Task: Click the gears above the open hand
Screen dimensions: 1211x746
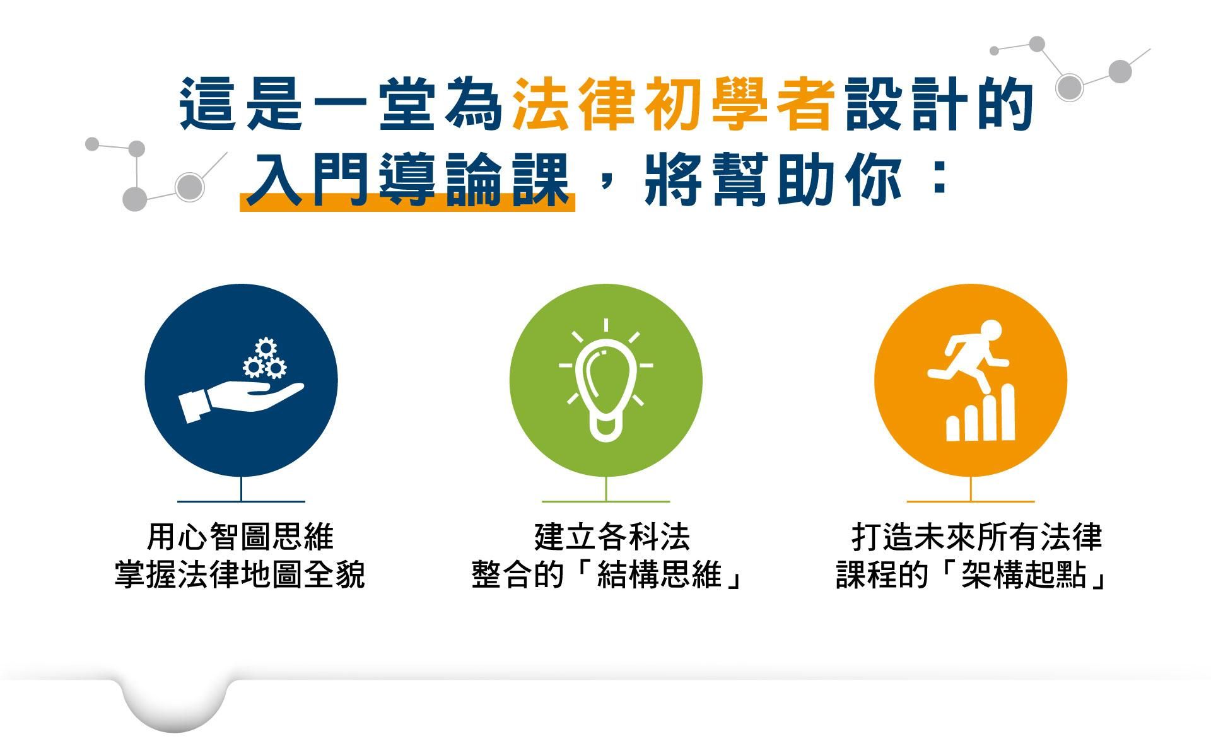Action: pyautogui.click(x=265, y=359)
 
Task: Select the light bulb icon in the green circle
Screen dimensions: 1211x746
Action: pyautogui.click(x=605, y=380)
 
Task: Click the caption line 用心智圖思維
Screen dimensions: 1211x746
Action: pyautogui.click(x=240, y=537)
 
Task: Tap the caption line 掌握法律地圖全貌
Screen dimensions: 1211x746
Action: pyautogui.click(x=240, y=574)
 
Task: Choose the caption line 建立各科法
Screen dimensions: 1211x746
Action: pyautogui.click(x=612, y=537)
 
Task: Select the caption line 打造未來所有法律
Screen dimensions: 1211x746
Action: pyautogui.click(x=976, y=537)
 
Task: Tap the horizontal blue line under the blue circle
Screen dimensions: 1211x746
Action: pyautogui.click(x=242, y=501)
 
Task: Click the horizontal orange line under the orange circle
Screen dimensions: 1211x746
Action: pyautogui.click(x=971, y=501)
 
